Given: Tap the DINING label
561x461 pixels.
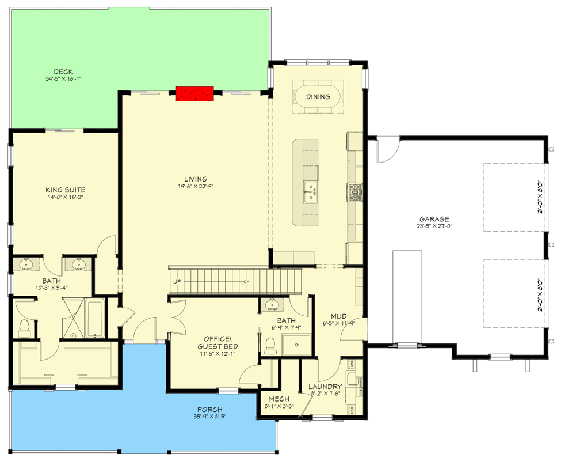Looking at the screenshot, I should [318, 97].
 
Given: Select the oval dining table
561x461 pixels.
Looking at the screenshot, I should [318, 97].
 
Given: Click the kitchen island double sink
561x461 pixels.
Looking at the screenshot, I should [310, 191].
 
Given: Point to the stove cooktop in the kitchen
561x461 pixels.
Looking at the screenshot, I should [354, 191].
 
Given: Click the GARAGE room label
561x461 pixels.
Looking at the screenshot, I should [434, 219].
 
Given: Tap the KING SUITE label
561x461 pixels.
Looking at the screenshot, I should [66, 190].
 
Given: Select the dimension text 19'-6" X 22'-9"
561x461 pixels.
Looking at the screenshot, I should [196, 186].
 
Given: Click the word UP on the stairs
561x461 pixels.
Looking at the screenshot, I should [177, 282].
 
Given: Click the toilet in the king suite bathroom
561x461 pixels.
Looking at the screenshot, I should [24, 328].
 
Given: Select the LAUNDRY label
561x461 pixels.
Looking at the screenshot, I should [326, 387].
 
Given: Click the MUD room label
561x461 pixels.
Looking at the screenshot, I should [337, 316].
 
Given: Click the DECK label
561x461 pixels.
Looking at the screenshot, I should [63, 72].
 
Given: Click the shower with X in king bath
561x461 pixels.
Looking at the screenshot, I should [73, 317].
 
